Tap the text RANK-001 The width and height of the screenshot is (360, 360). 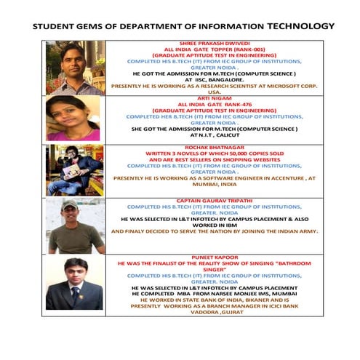point(241,50)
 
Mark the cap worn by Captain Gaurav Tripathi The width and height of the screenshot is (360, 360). point(71,207)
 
